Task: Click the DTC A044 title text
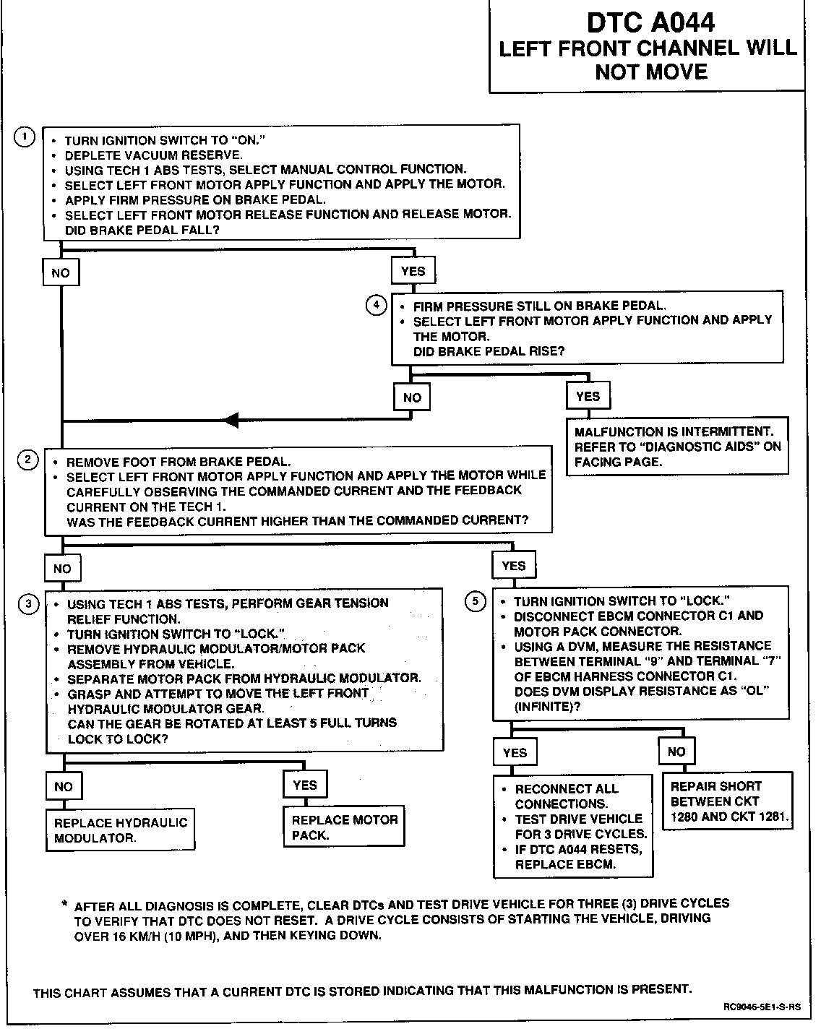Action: click(x=650, y=22)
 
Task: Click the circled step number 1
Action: click(x=25, y=137)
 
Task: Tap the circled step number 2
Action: click(x=27, y=460)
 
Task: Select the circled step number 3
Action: click(x=28, y=603)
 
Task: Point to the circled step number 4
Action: click(x=376, y=305)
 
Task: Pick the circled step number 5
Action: click(x=475, y=600)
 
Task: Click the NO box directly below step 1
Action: click(x=61, y=273)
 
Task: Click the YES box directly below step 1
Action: click(x=413, y=271)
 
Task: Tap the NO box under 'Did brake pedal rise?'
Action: click(x=412, y=397)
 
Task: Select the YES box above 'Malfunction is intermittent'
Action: click(x=588, y=396)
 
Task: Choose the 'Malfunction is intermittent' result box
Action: click(x=676, y=447)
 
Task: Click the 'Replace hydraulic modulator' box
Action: click(x=121, y=830)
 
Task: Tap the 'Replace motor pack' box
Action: click(x=344, y=827)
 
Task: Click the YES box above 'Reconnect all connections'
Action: click(x=515, y=752)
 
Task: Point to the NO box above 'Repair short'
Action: click(x=676, y=752)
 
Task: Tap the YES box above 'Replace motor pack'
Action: click(x=305, y=785)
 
